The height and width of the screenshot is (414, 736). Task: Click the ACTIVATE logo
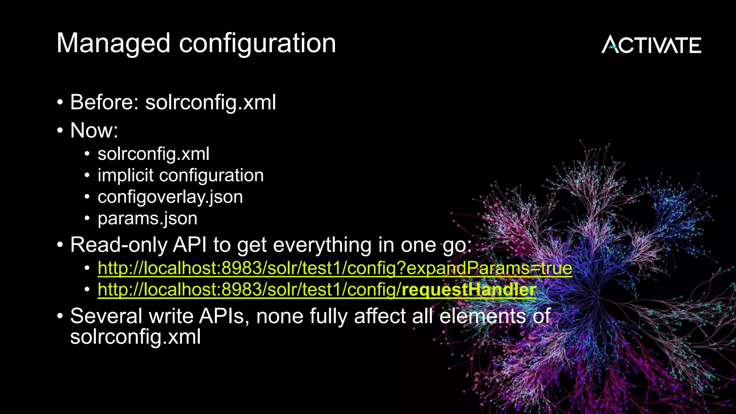(651, 45)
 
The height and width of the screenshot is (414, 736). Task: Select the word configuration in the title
(257, 43)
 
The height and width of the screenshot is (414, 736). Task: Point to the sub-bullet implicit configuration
(180, 175)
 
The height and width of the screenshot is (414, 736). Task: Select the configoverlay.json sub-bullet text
(170, 197)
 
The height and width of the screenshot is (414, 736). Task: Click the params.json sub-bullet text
(147, 218)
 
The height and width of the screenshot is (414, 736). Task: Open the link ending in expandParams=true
(335, 268)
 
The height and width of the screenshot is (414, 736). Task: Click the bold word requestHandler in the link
(469, 290)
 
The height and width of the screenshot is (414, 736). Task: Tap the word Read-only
(119, 245)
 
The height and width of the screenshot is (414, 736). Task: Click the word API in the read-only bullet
(190, 245)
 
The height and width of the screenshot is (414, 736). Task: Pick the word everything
(322, 245)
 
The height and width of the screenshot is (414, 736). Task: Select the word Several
(106, 316)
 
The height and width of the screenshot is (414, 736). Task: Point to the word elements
(482, 316)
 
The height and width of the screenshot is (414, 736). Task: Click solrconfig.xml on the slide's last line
(135, 337)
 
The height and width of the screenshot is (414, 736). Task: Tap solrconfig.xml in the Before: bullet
(211, 102)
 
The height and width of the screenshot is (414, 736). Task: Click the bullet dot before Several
(60, 316)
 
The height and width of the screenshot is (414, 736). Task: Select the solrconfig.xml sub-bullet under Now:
(153, 154)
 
